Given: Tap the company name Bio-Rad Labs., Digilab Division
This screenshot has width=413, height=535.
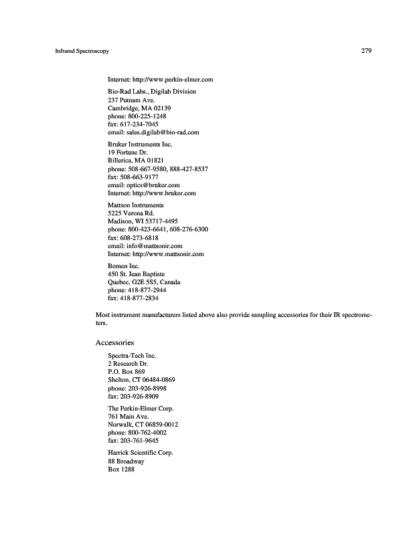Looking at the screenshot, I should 152,92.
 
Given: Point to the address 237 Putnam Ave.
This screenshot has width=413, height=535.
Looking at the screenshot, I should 131,100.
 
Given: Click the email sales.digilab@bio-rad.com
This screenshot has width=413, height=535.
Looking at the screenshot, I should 153,132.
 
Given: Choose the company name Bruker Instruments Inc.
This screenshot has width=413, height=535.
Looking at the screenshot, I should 140,144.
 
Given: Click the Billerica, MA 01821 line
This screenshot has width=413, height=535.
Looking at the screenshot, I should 136,160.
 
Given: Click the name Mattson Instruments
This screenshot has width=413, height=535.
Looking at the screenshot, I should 136,205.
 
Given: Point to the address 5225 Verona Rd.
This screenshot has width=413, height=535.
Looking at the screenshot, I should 131,213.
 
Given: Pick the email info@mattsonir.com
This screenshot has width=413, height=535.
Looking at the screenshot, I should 145,245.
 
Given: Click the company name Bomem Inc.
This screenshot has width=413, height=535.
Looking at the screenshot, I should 123,266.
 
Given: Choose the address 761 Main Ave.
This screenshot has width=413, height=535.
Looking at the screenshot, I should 128,417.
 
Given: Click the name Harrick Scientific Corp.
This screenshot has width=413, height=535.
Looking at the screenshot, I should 141,453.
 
